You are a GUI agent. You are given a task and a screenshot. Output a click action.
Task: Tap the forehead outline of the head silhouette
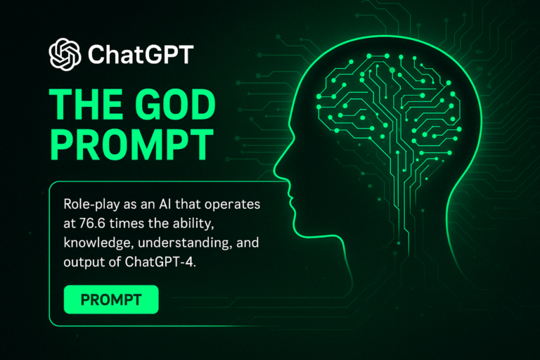(295, 105)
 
